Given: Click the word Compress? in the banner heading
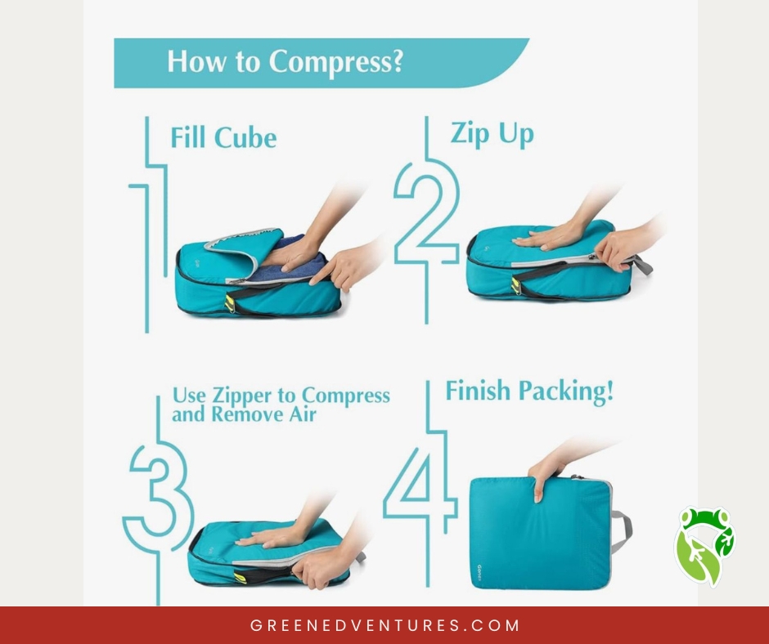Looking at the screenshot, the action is point(335,63).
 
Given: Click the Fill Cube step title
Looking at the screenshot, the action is point(223,137).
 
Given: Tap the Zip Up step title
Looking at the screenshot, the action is point(492,134).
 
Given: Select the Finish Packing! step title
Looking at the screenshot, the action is point(529,391).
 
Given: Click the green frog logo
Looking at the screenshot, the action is point(704,545).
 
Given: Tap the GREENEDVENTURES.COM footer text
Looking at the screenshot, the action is point(384,625).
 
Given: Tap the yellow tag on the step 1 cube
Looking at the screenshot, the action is point(230,304).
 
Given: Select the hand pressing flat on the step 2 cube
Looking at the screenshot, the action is point(549,235).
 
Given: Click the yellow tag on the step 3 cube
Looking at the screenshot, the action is point(240,577).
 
